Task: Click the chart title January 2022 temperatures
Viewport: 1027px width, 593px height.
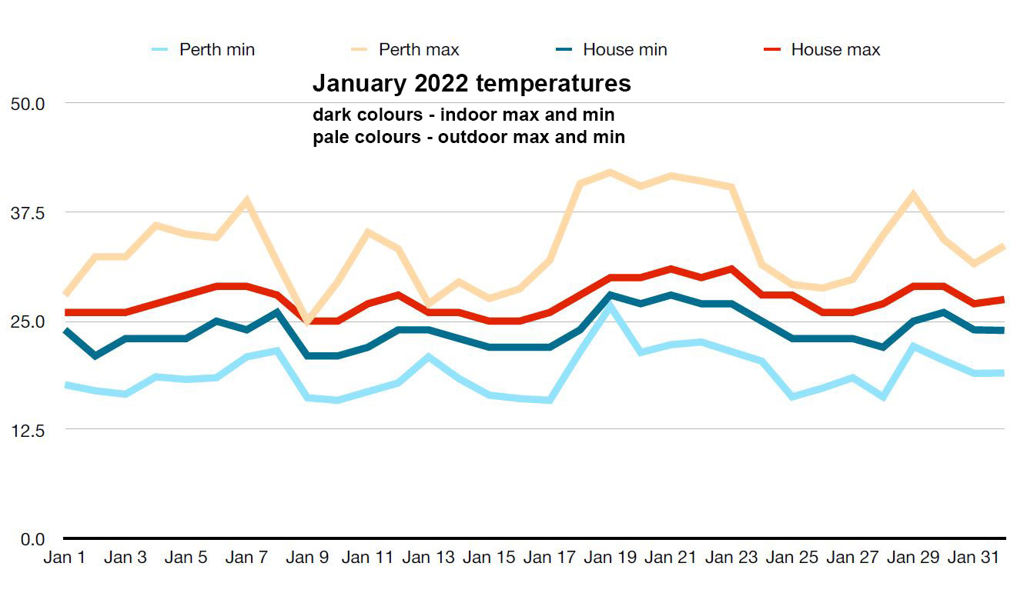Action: (x=471, y=83)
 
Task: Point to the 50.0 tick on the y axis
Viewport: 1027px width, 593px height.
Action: (x=28, y=103)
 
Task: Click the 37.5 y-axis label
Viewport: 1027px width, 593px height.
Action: (x=28, y=212)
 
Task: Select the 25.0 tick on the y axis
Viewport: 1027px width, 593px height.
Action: (x=28, y=321)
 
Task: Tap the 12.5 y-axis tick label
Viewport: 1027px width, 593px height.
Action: (x=28, y=430)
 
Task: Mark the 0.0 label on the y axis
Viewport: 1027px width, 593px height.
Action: (x=32, y=539)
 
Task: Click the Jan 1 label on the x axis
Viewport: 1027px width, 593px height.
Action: (x=64, y=558)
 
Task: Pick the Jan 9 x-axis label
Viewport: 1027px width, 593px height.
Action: (x=307, y=558)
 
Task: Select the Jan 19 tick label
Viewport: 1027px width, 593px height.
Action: (x=610, y=558)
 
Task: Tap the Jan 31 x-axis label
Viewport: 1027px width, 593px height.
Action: (x=974, y=558)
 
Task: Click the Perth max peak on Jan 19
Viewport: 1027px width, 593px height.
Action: (x=610, y=172)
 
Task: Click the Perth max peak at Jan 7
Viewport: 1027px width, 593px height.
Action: (x=246, y=201)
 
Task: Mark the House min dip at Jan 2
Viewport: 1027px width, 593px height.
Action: (x=95, y=356)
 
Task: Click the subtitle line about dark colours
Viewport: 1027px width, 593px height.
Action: (x=463, y=115)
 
